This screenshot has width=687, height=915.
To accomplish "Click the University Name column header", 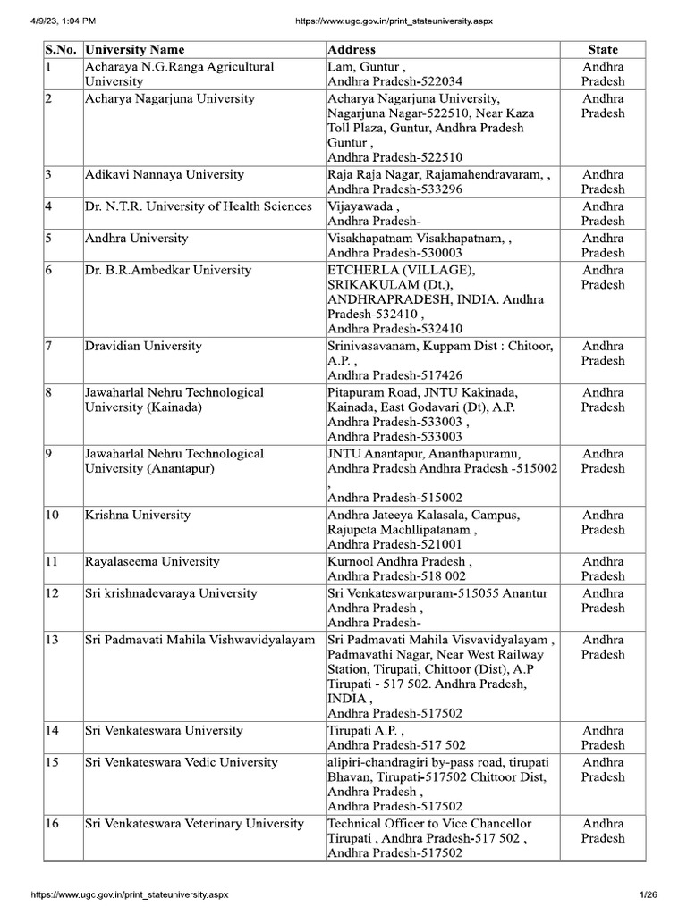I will point(135,49).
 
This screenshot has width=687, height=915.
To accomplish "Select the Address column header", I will point(352,49).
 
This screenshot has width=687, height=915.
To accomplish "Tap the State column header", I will point(602,49).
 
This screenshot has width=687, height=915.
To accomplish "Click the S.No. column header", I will point(60,49).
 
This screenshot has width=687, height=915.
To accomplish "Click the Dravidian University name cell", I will point(143,346).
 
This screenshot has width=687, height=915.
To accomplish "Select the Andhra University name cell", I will point(136,239).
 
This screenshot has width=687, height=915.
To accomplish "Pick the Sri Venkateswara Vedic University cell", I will point(181,762).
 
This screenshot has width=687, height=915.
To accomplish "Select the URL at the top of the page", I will point(380,20).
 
